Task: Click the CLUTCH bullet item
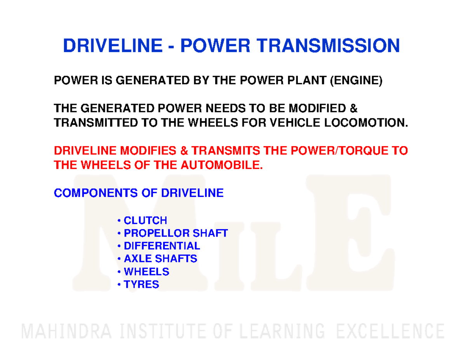coord(145,221)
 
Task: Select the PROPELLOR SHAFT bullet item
coord(175,233)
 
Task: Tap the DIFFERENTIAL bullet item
coord(162,246)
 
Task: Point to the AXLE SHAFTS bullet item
coord(160,259)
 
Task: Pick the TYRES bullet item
coord(141,284)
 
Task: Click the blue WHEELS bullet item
coord(146,271)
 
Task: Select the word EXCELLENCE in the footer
coord(390,332)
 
